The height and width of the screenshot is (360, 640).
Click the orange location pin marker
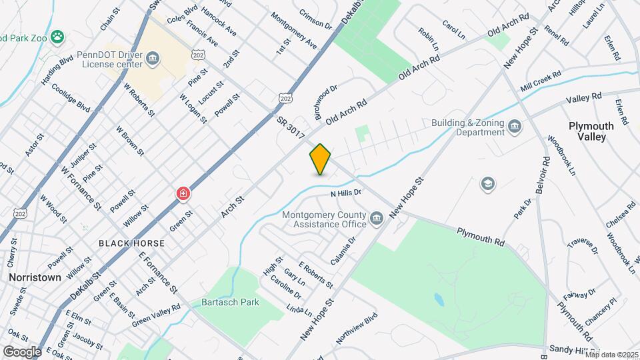click(x=321, y=159)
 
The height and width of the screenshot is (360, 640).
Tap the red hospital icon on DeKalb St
click(x=183, y=194)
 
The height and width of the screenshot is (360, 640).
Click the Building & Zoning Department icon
click(x=514, y=127)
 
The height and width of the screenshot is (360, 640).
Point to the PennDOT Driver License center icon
click(x=153, y=59)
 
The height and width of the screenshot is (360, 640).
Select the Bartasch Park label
click(x=230, y=302)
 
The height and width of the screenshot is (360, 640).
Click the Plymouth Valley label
click(x=587, y=131)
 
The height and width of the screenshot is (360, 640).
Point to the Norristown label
click(x=35, y=277)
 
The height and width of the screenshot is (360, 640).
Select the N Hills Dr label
click(x=345, y=193)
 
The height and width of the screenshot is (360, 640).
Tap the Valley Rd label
click(x=583, y=99)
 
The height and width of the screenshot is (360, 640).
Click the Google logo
click(x=21, y=351)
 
